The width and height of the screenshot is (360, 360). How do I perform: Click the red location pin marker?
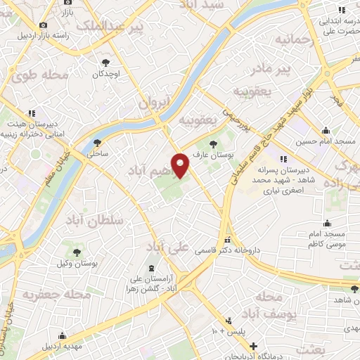point(181,165)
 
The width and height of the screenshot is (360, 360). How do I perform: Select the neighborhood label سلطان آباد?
point(98,221)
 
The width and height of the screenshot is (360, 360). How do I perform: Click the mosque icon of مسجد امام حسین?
point(326,131)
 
